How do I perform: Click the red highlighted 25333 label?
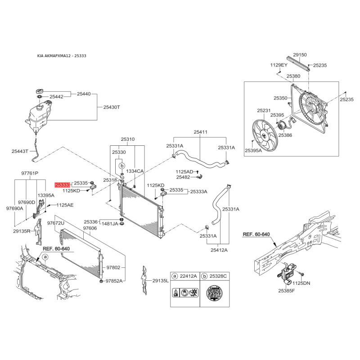coord(62,184)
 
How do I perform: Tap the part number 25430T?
coord(112,107)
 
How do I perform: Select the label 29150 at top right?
coord(300,54)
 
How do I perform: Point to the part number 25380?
coord(293,76)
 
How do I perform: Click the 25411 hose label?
coord(201,132)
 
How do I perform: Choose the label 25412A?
coord(219,250)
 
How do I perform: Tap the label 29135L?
coord(160,280)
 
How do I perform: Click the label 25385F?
coord(286,291)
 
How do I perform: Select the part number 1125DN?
coord(301,283)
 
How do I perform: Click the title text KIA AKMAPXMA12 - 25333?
coord(62,56)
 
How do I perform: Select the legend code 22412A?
coord(188,275)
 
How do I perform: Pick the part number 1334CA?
coord(135,171)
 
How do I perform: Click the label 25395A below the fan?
coord(253,151)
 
